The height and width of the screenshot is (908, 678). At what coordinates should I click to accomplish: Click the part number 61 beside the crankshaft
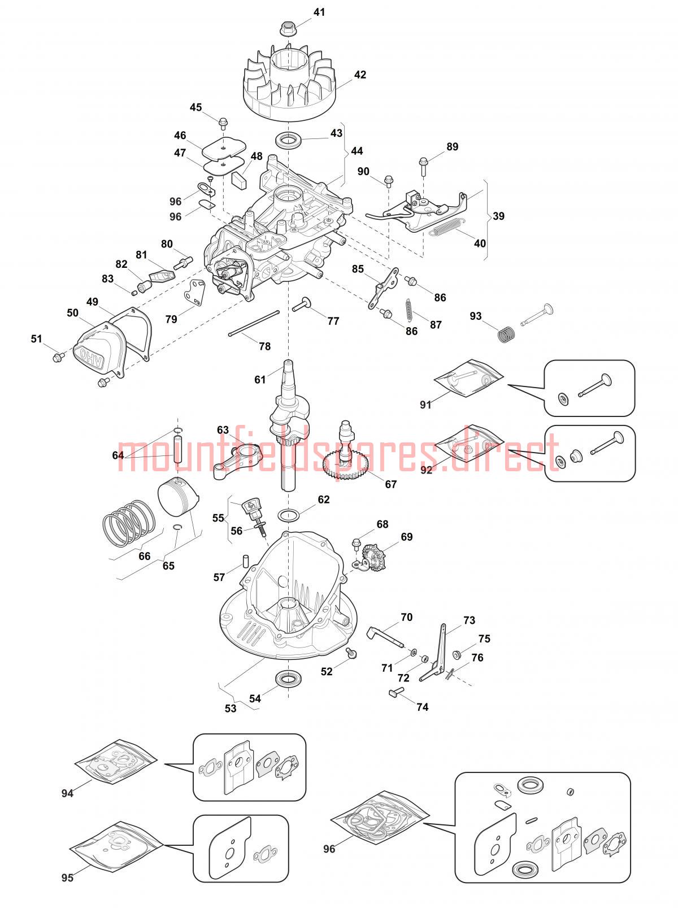coord(260,379)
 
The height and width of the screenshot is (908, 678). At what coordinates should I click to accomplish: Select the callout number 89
coord(453,147)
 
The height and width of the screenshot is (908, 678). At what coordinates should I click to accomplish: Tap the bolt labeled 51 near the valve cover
coord(59,356)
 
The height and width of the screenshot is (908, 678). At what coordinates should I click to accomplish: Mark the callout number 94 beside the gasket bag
coord(67,793)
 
